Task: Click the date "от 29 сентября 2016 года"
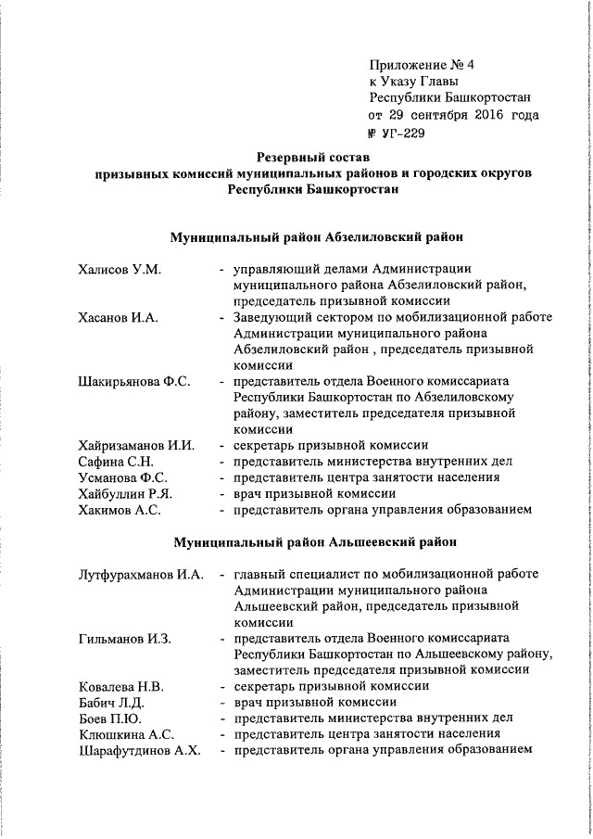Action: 452,116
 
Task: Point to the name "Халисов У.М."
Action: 120,269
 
